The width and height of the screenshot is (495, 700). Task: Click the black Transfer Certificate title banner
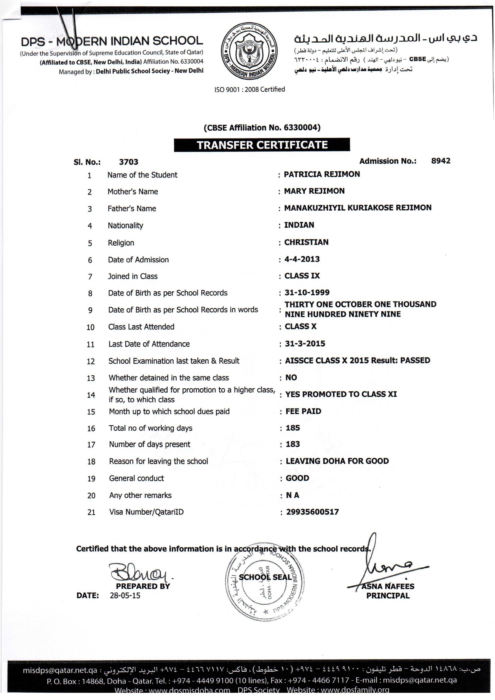click(262, 145)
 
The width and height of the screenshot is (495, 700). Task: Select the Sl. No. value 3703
click(129, 162)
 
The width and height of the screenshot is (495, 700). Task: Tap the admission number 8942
click(441, 161)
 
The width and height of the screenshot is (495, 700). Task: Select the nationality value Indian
click(299, 225)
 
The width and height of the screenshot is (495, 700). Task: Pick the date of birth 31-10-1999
click(307, 292)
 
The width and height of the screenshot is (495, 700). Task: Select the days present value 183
click(293, 444)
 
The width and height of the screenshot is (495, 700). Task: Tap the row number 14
click(91, 395)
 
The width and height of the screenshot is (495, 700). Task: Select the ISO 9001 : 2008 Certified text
click(250, 89)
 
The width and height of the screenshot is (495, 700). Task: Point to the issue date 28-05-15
click(125, 595)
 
